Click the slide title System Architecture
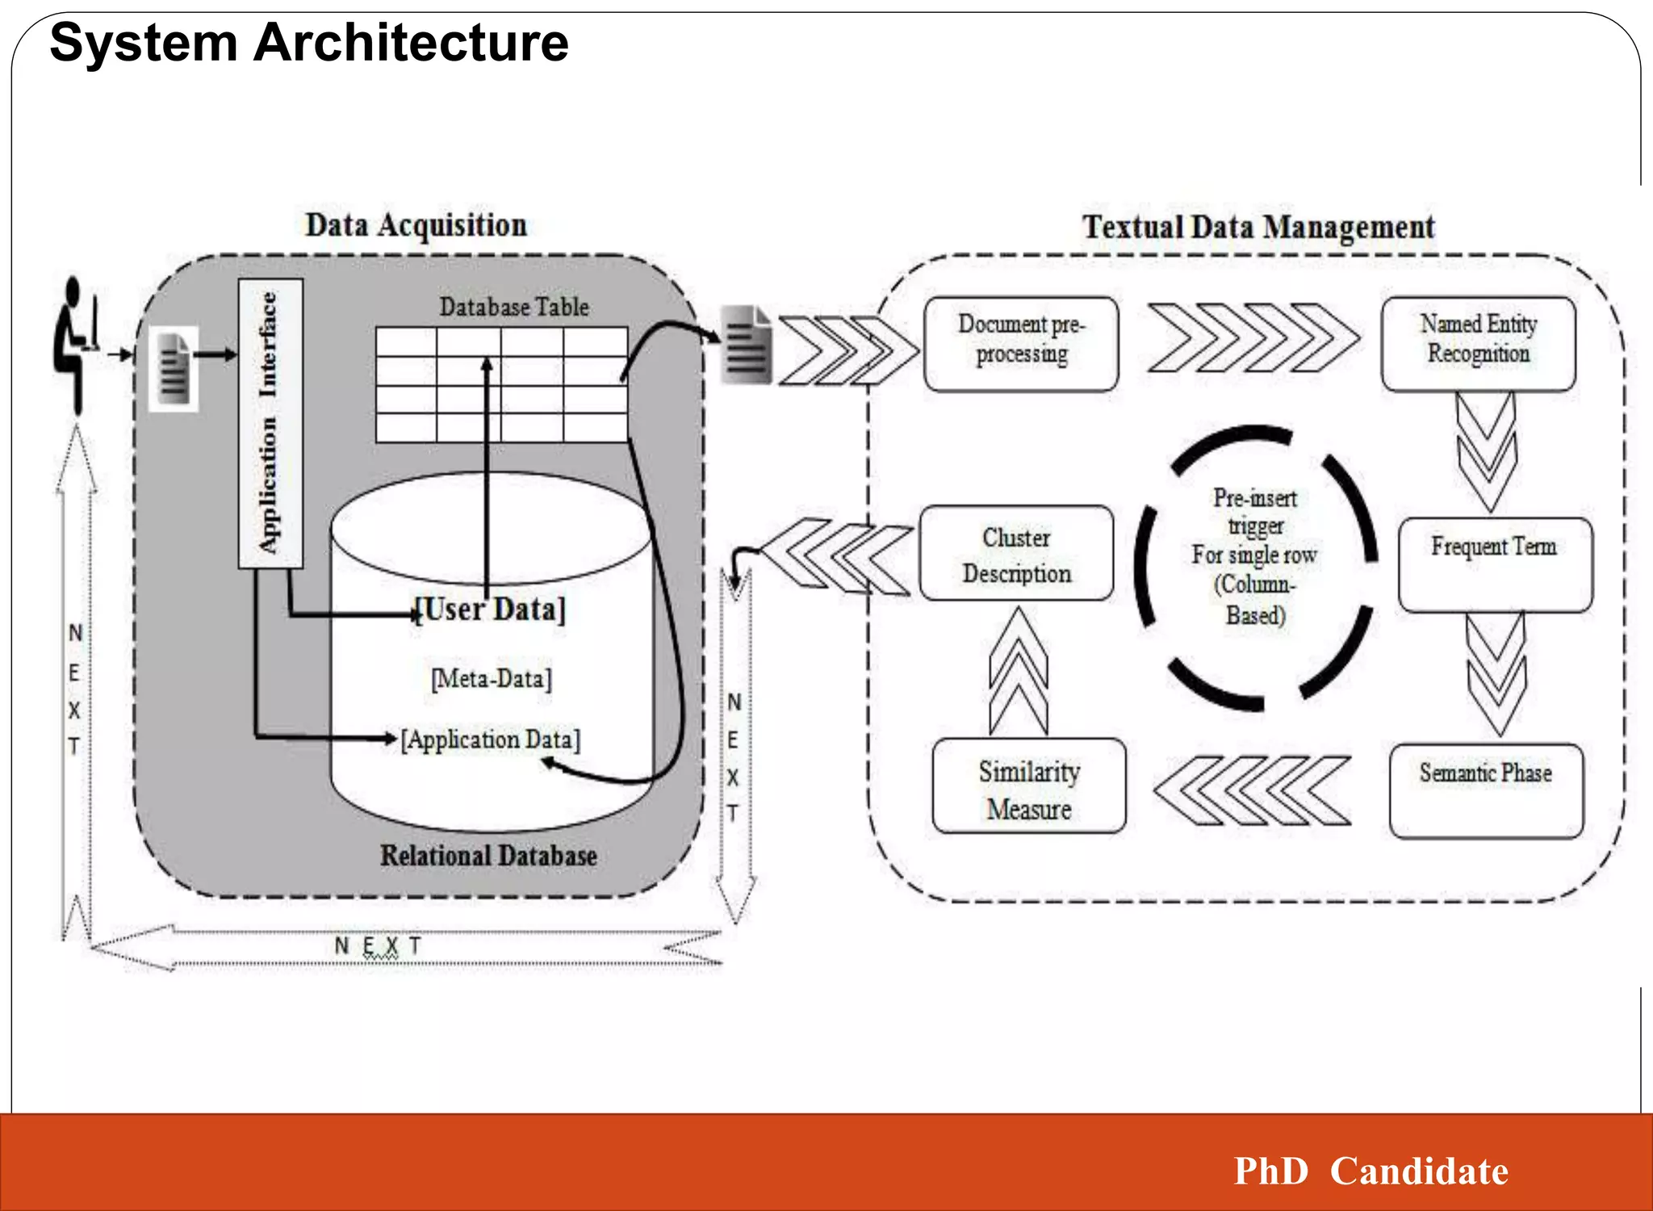click(x=308, y=42)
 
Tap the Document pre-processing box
click(x=1021, y=344)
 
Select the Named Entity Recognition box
click(x=1478, y=344)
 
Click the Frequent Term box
click(x=1495, y=564)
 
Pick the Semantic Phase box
click(x=1486, y=790)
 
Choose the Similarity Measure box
click(x=1028, y=786)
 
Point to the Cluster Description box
click(x=1016, y=554)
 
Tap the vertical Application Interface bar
click(x=270, y=423)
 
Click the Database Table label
click(x=514, y=307)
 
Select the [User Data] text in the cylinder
click(x=490, y=609)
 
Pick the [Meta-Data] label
click(x=492, y=678)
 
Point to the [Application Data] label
click(x=491, y=740)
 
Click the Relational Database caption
click(x=488, y=856)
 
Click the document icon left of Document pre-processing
click(x=747, y=345)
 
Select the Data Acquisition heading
click(x=416, y=225)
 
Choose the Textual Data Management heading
click(x=1258, y=227)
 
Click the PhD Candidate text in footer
click(x=1371, y=1171)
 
